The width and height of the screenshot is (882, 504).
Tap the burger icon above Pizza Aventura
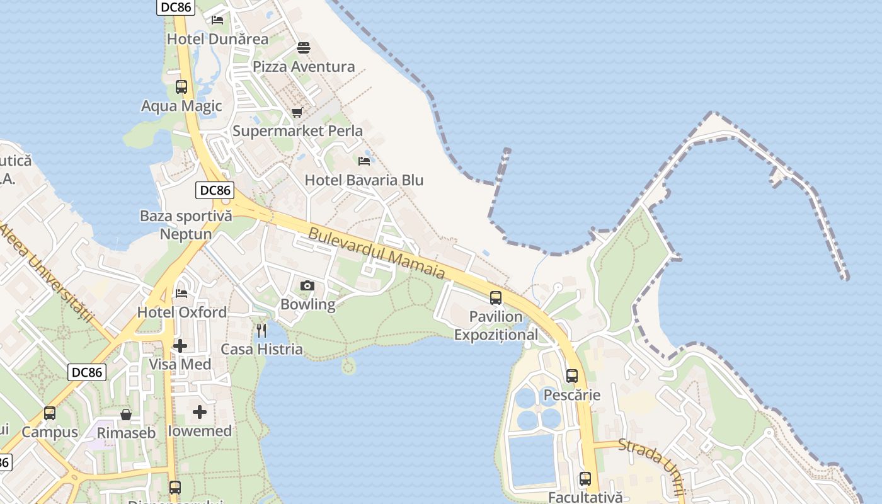pos(304,48)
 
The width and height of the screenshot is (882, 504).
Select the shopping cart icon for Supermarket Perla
pos(297,112)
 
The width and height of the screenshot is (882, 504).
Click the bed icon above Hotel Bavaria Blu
pos(364,161)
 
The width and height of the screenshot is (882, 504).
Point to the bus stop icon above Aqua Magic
pos(181,87)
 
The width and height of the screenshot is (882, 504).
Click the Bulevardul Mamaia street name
pos(377,253)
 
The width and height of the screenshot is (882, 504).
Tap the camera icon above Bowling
pos(307,286)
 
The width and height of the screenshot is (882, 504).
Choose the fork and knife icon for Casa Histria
pos(261,330)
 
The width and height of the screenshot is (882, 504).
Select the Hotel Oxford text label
pos(182,312)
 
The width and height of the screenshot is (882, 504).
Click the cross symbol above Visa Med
pos(180,345)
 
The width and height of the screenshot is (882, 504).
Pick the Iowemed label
pos(200,431)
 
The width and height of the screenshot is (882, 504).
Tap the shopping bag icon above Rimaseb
pos(126,415)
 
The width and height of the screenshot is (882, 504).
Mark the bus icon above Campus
pos(50,413)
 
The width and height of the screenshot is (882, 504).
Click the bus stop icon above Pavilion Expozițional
pos(496,298)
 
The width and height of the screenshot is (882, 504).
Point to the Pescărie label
pos(571,396)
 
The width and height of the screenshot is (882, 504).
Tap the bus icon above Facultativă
pos(585,479)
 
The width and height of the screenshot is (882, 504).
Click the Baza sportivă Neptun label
pos(186,225)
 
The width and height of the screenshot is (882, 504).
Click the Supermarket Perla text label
pos(297,131)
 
